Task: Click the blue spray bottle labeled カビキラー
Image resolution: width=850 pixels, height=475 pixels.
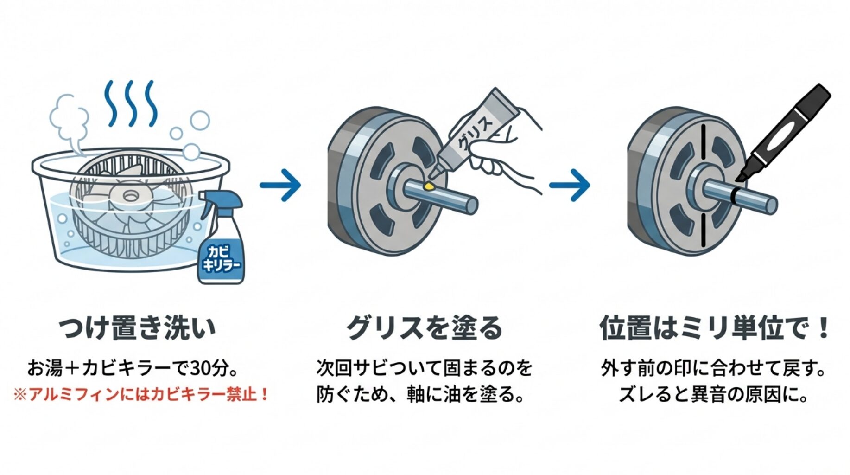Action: click(222, 250)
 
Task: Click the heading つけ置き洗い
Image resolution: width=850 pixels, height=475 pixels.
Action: click(137, 327)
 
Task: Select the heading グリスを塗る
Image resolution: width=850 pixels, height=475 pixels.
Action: click(424, 327)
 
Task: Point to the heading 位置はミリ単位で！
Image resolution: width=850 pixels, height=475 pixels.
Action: click(714, 327)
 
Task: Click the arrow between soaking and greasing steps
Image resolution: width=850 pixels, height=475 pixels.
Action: click(281, 185)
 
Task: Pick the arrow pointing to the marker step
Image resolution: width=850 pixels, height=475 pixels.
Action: click(570, 185)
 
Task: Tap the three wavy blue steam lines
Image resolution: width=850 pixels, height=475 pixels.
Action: click(131, 103)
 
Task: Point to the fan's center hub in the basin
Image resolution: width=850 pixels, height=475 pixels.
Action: click(129, 196)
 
